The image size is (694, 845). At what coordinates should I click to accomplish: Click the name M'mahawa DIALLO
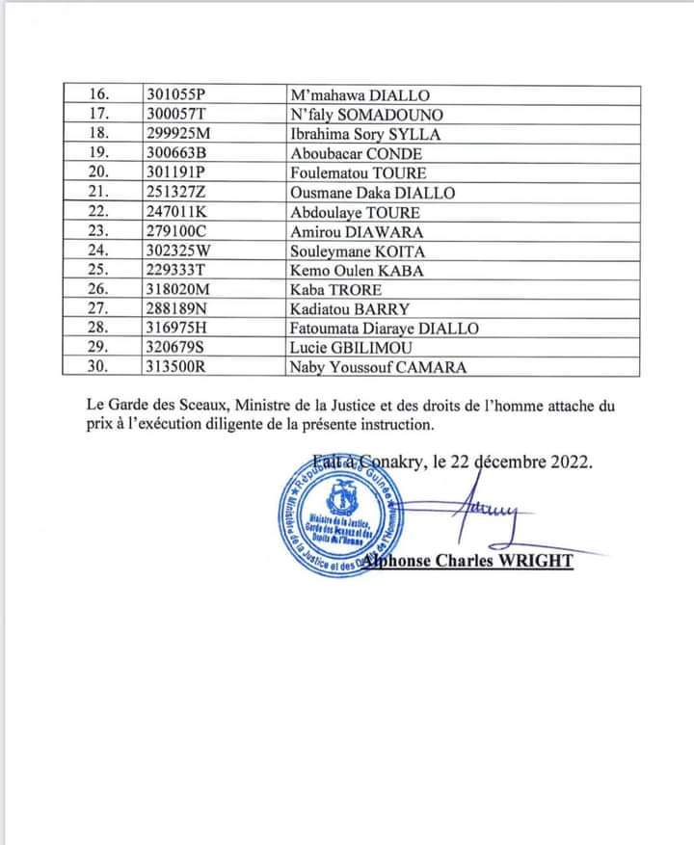click(x=360, y=95)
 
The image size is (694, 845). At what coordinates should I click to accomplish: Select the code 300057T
click(x=177, y=115)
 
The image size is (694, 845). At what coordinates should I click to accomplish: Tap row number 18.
click(x=101, y=134)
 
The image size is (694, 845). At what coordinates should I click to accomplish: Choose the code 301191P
click(x=177, y=173)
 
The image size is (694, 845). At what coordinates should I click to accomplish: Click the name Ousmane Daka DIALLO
click(x=372, y=193)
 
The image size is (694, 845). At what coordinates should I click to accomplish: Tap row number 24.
click(x=101, y=251)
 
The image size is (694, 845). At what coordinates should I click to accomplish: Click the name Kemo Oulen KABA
click(x=357, y=271)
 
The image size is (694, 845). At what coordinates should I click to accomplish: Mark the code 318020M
click(x=179, y=290)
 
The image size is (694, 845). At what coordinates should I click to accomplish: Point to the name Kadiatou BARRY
click(x=350, y=309)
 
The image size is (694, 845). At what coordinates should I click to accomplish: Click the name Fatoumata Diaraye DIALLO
click(x=385, y=329)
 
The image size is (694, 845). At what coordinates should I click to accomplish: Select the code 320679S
click(x=176, y=348)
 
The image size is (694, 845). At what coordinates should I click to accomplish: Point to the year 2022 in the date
click(x=569, y=461)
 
